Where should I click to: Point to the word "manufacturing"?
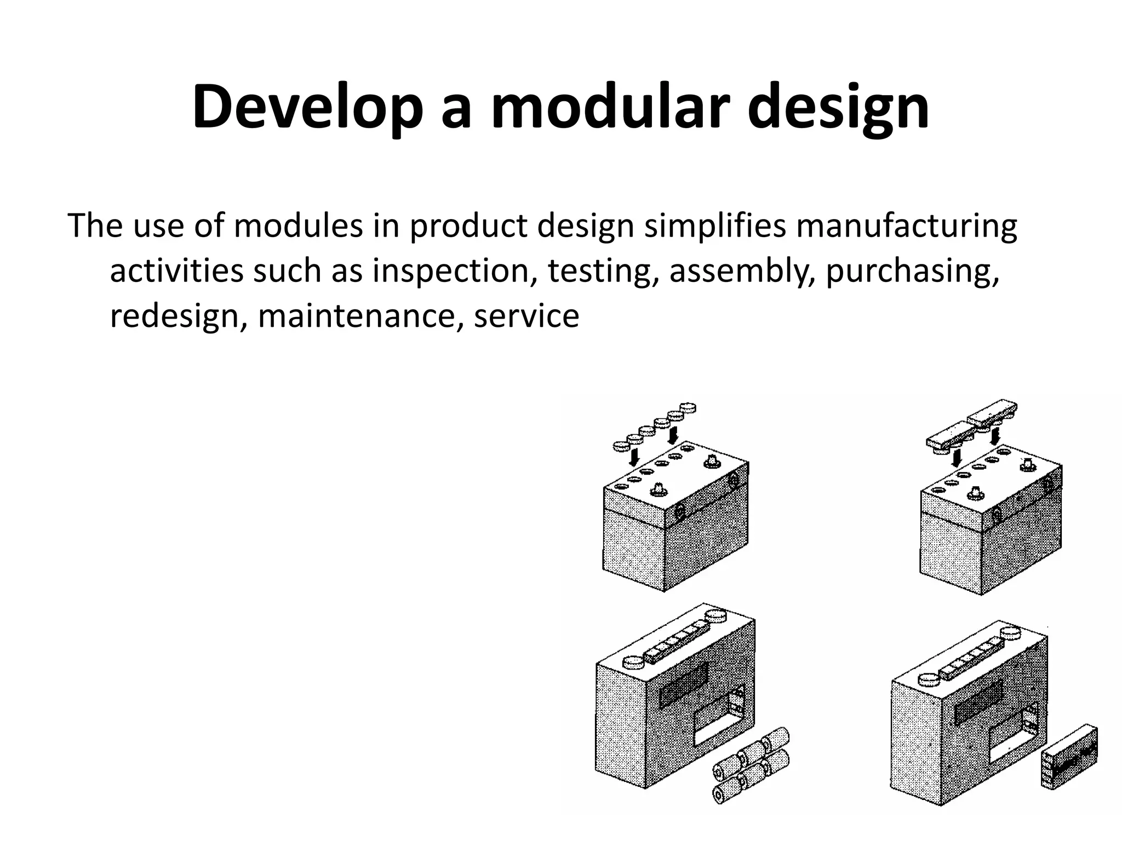(906, 226)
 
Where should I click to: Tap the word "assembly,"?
(742, 271)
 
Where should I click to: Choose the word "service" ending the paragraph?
(526, 316)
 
